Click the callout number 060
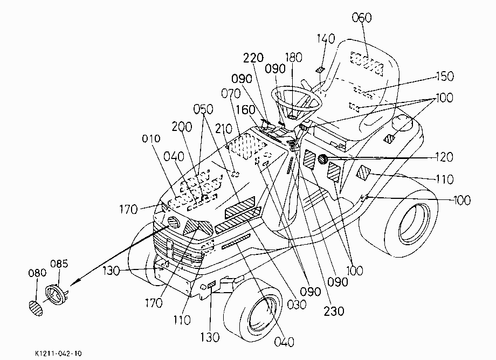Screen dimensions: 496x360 point(362,18)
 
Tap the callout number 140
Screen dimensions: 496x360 point(326,39)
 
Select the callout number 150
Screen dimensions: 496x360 point(445,76)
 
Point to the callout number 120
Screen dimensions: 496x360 point(444,157)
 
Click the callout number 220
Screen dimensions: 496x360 point(253,58)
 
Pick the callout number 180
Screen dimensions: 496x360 point(293,58)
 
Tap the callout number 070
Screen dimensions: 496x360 point(231,94)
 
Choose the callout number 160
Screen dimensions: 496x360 point(246,110)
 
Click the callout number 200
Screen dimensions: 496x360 point(182,127)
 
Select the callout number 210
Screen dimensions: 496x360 point(224,129)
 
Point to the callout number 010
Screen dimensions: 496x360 point(151,139)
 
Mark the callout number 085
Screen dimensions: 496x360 point(59,264)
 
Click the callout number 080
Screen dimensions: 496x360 point(37,273)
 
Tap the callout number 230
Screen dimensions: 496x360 point(334,311)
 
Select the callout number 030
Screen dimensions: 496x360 point(297,304)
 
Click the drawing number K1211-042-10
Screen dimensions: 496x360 point(58,354)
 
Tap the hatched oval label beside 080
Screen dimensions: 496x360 point(36,308)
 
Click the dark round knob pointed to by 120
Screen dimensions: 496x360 point(322,159)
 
